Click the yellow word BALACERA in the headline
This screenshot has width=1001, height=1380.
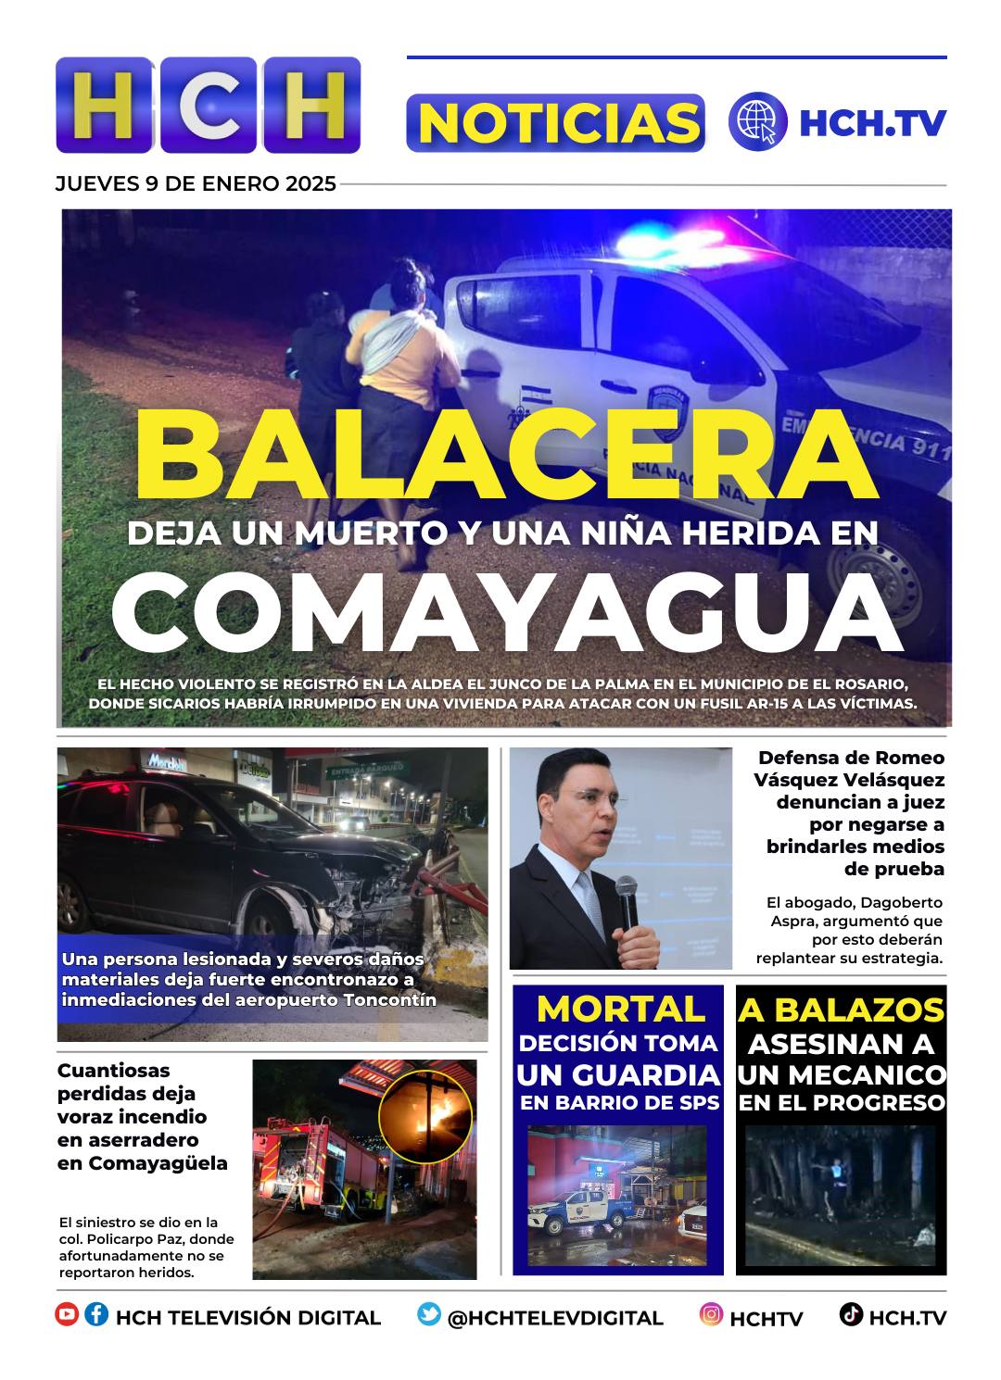tap(505, 454)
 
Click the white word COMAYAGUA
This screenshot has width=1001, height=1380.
tap(507, 613)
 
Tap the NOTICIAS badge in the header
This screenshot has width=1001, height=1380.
tap(556, 123)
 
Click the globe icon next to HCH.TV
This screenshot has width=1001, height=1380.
tap(757, 122)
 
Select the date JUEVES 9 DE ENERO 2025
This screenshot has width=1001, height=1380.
tap(196, 183)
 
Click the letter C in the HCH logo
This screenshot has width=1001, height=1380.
tap(209, 106)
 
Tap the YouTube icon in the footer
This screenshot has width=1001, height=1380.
tap(67, 1314)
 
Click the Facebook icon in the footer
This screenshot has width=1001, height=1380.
tap(96, 1314)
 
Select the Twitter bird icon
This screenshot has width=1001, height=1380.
tap(429, 1314)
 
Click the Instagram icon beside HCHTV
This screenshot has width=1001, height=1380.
tap(711, 1314)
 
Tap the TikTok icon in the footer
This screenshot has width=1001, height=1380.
tap(851, 1314)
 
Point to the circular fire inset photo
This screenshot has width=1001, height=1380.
tap(425, 1116)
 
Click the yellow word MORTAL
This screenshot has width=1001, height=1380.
tap(620, 1009)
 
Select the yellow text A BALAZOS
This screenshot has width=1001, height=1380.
tap(841, 1010)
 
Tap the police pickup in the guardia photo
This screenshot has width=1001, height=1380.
tap(579, 1211)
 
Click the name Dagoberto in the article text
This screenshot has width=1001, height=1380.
tap(902, 902)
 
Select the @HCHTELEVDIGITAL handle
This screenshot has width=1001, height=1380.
tap(555, 1318)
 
